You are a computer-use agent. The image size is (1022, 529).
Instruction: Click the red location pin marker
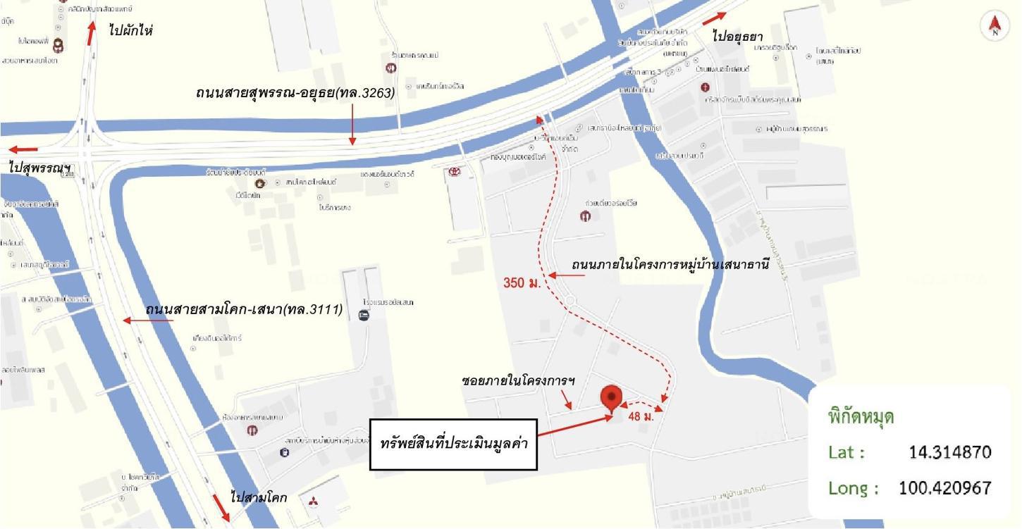(x=611, y=397)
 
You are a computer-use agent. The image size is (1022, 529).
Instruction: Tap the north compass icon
(x=995, y=26)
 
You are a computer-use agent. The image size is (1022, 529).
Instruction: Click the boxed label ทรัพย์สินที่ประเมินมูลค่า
(x=454, y=444)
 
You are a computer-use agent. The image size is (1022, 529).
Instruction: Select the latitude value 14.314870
(x=950, y=452)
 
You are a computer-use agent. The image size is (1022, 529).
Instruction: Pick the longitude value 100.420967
(x=944, y=487)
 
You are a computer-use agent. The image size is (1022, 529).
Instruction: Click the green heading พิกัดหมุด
(x=861, y=416)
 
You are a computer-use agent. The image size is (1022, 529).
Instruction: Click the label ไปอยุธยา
(x=737, y=36)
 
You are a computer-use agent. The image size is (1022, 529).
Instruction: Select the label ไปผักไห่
(x=131, y=30)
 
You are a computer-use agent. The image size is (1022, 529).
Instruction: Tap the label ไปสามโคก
(x=258, y=497)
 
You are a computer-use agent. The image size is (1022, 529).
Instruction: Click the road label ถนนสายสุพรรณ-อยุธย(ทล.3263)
(x=295, y=92)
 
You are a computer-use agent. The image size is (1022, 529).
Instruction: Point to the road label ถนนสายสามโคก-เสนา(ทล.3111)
(x=244, y=309)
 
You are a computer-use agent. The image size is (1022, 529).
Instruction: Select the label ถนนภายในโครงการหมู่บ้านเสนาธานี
(x=670, y=266)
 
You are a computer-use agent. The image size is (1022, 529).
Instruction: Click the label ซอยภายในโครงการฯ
(x=518, y=380)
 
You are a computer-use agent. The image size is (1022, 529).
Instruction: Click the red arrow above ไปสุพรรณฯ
(x=23, y=149)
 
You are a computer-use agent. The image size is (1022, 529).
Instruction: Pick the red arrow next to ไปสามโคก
(x=221, y=506)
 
